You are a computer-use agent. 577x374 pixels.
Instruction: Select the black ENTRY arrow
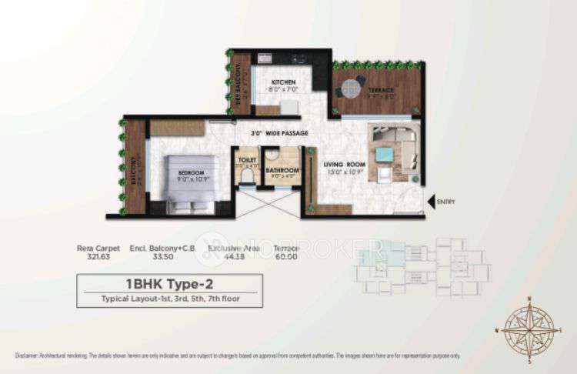(x=431, y=202)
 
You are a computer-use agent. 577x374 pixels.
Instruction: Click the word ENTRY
(x=446, y=202)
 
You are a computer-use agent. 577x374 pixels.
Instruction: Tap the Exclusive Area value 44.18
(x=232, y=258)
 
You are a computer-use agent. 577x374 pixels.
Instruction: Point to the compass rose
(x=530, y=326)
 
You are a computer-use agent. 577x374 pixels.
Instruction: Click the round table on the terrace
(x=352, y=86)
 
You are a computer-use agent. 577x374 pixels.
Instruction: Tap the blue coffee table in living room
(x=384, y=154)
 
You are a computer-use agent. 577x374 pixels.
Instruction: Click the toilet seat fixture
(x=246, y=176)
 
